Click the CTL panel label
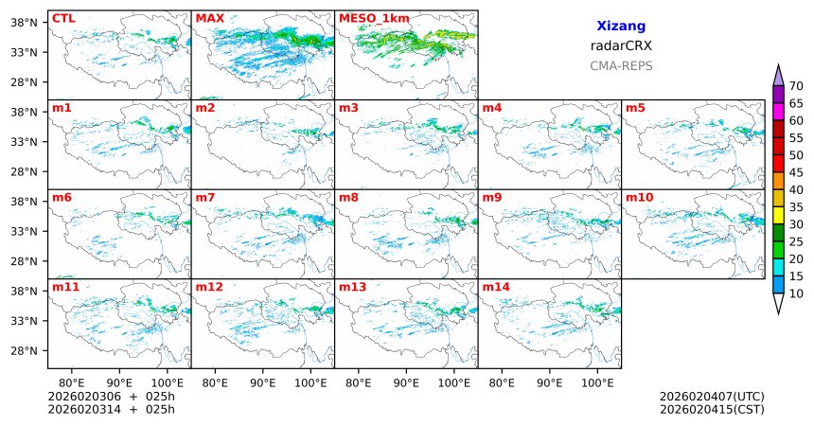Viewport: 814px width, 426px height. (x=62, y=18)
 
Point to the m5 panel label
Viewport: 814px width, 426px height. (x=635, y=108)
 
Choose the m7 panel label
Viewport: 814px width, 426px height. (x=205, y=197)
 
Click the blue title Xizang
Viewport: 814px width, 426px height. (x=621, y=27)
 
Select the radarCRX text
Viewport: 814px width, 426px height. (x=621, y=45)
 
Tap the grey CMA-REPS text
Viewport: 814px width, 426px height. (x=621, y=66)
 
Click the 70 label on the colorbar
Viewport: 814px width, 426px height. (x=796, y=85)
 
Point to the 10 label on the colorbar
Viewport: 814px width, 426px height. (x=796, y=294)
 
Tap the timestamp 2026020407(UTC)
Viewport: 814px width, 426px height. (x=711, y=396)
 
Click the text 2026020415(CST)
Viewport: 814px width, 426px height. (x=711, y=409)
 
